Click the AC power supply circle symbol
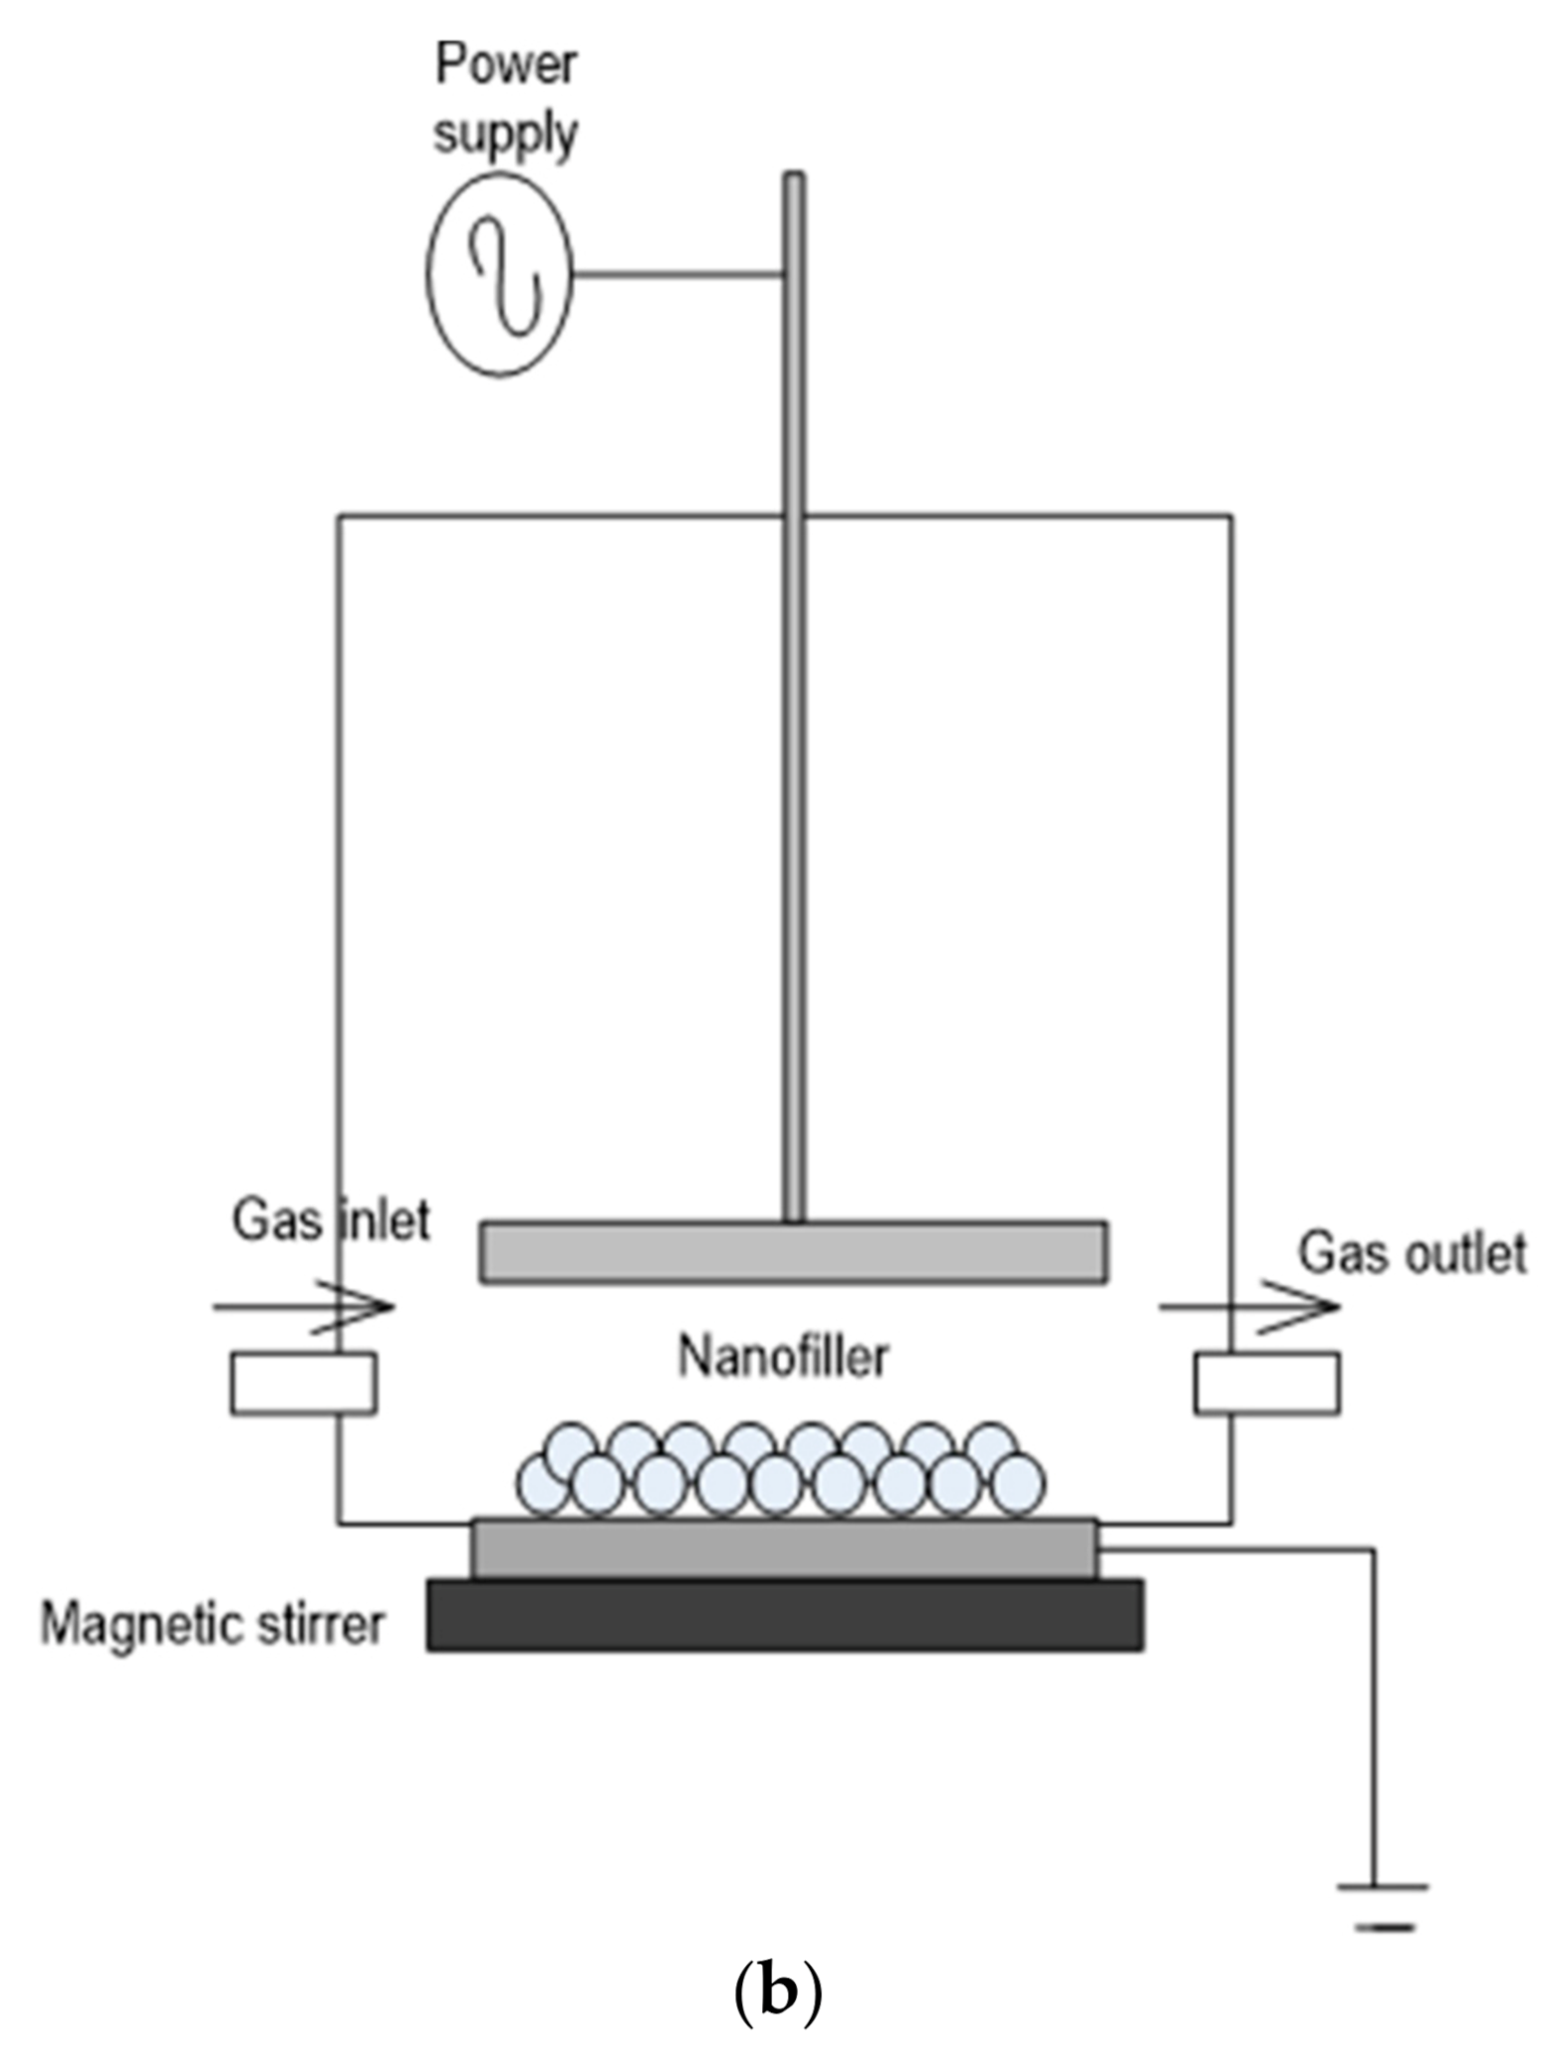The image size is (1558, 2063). coord(500,274)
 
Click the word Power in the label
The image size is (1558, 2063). coord(506,65)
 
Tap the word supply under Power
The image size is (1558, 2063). coord(506,134)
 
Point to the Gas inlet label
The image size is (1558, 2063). coord(331,1220)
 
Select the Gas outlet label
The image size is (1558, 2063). coord(1412,1253)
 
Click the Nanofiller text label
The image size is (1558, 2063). coord(783,1356)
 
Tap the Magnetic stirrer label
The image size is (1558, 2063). coord(212,1625)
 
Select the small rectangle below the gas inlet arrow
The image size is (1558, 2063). coord(303,1384)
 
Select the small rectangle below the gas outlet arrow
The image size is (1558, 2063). coord(1267,1384)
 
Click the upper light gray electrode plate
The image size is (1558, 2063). coord(793,1252)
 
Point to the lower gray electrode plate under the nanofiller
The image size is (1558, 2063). coord(785,1550)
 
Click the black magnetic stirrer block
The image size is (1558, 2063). coord(785,1616)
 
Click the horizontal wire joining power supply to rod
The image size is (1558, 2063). coord(677,274)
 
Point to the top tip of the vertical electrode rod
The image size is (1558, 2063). coord(793,179)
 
